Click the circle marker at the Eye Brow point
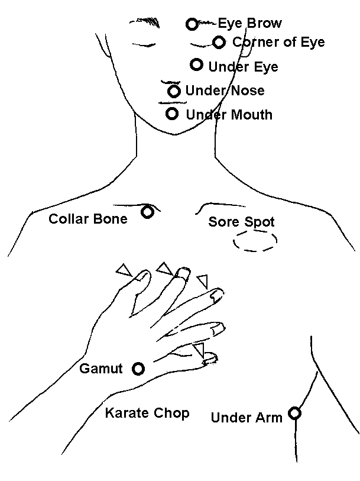192,24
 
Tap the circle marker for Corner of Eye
219,42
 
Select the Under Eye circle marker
196,64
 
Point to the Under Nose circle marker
174,91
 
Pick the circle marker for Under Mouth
172,114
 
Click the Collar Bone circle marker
147,212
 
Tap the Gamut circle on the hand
138,369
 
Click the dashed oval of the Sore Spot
255,241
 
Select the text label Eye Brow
249,24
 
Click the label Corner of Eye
278,43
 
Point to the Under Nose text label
225,91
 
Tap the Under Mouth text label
229,114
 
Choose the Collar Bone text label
88,219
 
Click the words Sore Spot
241,222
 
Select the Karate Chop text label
147,413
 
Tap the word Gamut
101,369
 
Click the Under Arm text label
247,418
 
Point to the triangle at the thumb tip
124,270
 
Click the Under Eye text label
243,67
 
